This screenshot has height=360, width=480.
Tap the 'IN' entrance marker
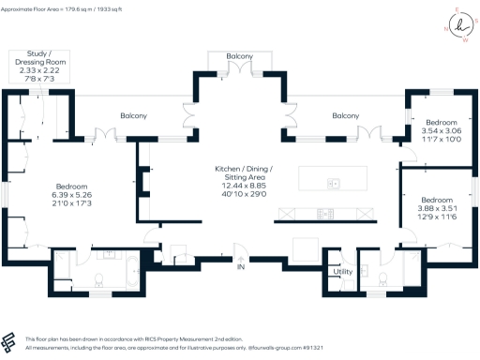(240, 268)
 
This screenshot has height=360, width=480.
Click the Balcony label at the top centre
(240, 57)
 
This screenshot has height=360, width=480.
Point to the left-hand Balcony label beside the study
(133, 116)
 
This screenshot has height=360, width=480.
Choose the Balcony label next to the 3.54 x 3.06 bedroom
(346, 116)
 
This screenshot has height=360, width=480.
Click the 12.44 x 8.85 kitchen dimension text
(240, 185)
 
